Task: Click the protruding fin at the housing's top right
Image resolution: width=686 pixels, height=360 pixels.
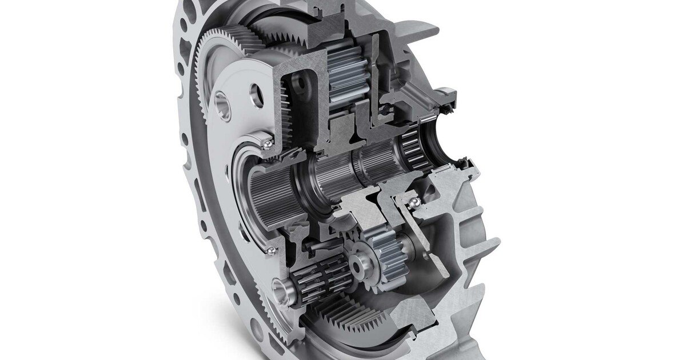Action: click(420, 29)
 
